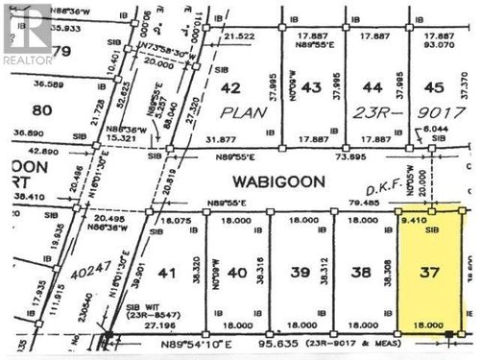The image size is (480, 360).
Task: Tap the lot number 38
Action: coord(362,273)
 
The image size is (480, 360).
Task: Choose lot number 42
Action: coord(230,88)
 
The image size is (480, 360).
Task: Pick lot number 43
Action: coord(310,88)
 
